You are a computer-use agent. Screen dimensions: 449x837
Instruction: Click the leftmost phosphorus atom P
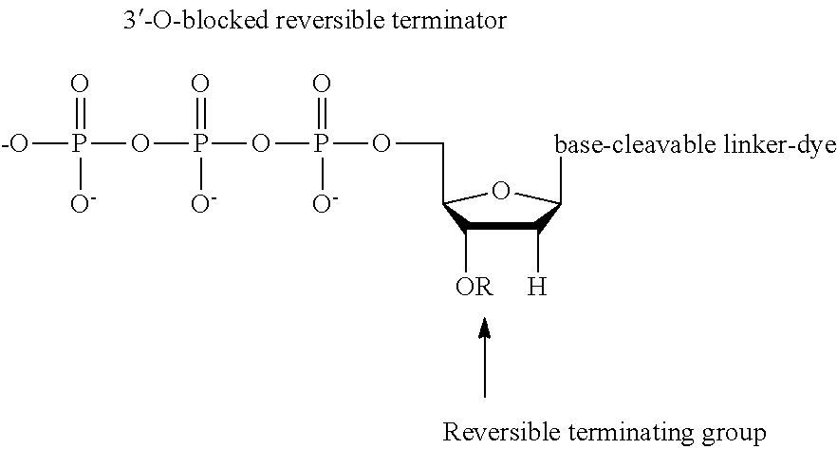pos(79,144)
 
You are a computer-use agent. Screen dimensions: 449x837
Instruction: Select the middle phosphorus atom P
pos(199,144)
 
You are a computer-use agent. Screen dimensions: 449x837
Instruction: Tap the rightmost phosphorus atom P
pos(321,144)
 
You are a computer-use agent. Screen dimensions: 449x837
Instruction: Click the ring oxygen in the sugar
pos(502,193)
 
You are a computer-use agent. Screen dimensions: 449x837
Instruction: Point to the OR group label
pos(473,286)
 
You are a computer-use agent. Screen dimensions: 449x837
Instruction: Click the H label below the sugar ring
pos(537,286)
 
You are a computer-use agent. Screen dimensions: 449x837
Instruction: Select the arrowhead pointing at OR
pos(485,329)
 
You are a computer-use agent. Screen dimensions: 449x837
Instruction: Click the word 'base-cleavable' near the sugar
pos(616,145)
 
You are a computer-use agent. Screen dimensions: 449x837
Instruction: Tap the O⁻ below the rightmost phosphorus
pos(324,203)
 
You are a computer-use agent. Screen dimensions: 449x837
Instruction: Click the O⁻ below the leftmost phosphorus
pos(82,203)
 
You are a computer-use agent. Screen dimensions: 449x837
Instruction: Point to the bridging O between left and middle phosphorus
pos(139,144)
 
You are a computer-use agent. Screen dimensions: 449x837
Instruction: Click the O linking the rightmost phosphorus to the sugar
pos(381,144)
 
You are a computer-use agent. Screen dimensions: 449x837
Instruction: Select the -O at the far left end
pos(16,144)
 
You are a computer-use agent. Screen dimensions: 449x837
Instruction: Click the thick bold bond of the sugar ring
pos(503,227)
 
